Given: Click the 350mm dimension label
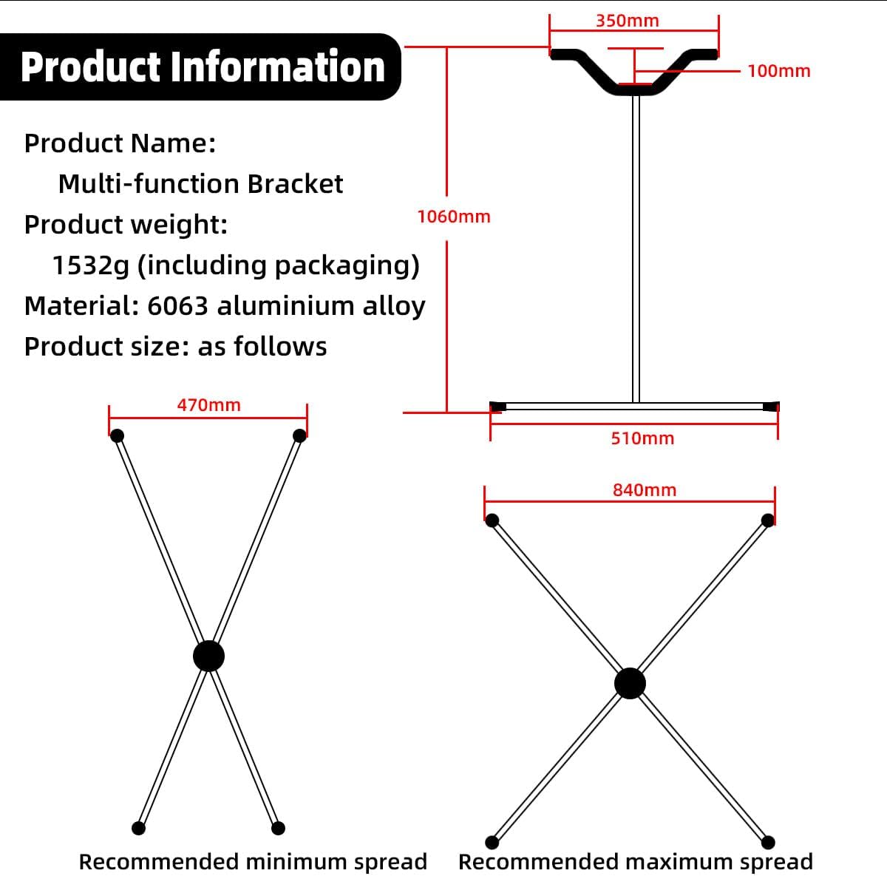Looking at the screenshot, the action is (x=628, y=21).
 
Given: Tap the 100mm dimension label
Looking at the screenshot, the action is (x=779, y=71).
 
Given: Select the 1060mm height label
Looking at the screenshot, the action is (x=454, y=217).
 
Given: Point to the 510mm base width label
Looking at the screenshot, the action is (x=642, y=438).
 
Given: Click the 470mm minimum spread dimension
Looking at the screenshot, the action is (x=209, y=405).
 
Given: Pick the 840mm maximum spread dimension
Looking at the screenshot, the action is (x=645, y=489).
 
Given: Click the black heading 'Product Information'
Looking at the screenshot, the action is (x=203, y=67).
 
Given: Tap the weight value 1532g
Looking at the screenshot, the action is (x=90, y=265).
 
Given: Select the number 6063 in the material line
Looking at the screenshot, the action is (x=177, y=306).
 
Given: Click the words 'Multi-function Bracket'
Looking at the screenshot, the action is (x=201, y=184).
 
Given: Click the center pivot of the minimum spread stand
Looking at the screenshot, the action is (x=208, y=656).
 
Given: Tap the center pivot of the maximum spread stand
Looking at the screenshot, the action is (x=631, y=684).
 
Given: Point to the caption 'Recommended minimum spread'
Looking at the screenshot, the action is (x=254, y=861).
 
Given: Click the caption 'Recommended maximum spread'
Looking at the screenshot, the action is (x=636, y=861).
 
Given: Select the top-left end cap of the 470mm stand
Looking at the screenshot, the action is (x=118, y=435).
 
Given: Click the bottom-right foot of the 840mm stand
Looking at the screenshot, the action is (x=768, y=843).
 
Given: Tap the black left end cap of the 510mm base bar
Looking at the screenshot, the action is (x=498, y=407).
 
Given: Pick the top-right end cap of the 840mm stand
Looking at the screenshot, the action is (x=768, y=521).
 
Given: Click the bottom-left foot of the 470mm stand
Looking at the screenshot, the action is (x=138, y=828).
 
